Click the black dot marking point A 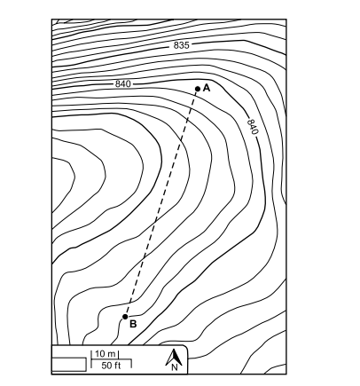(198, 89)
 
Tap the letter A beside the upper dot (207, 88)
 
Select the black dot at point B (125, 317)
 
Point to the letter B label (133, 324)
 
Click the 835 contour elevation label (181, 45)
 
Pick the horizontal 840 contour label (122, 84)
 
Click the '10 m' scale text (106, 353)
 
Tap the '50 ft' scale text (111, 366)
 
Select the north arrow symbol (174, 357)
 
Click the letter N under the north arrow (175, 367)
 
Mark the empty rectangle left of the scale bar (69, 365)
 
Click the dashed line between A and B (161, 202)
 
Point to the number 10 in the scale (100, 353)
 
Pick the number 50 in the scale (106, 366)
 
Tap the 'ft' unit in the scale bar (117, 366)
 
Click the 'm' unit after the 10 (112, 354)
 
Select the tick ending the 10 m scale (119, 355)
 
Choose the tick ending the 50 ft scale (131, 364)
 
